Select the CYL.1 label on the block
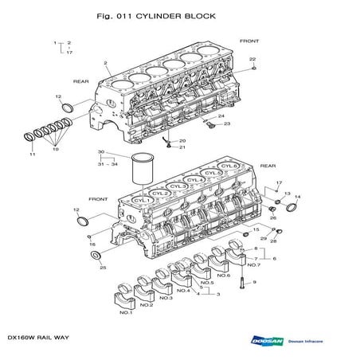coord(142,200)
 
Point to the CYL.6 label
coord(229,166)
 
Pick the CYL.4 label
coord(195,180)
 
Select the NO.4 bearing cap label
coord(183,291)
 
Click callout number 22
coord(252,59)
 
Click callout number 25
coord(103,268)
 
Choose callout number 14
coord(298,196)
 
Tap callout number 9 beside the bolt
coord(253,282)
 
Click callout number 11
coord(32,154)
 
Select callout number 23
coord(226,123)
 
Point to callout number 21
coord(182,147)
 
